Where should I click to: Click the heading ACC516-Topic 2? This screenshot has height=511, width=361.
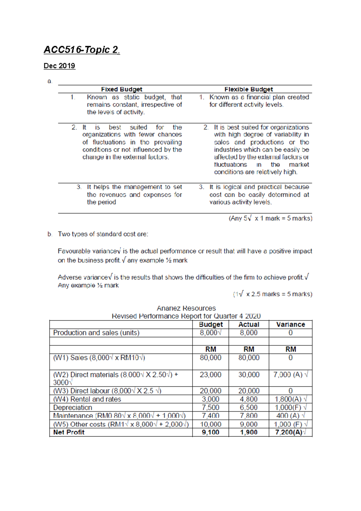point(82,50)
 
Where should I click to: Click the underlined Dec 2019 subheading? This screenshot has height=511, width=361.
point(59,66)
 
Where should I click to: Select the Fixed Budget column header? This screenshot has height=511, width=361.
point(122,89)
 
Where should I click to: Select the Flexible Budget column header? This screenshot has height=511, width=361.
point(248,89)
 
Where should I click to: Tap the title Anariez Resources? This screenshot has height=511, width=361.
point(186,308)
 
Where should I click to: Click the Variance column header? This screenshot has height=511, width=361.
point(290,324)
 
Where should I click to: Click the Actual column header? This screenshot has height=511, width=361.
point(248,324)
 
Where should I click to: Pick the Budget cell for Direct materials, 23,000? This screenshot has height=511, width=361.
point(210,375)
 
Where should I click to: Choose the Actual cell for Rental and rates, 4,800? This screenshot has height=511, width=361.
point(248,399)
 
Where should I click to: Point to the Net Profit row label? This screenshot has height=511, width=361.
point(69,432)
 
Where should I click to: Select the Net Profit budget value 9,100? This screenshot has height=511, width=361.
point(210,432)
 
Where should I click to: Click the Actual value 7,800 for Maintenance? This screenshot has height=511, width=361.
point(248,416)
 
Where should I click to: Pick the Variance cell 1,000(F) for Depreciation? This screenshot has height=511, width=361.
point(288,407)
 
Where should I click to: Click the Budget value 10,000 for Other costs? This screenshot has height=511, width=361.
point(210,424)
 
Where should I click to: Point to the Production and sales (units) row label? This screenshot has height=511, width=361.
point(96,333)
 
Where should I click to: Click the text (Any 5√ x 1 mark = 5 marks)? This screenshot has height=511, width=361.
point(270,218)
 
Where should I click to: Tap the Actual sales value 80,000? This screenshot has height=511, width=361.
point(248,358)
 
